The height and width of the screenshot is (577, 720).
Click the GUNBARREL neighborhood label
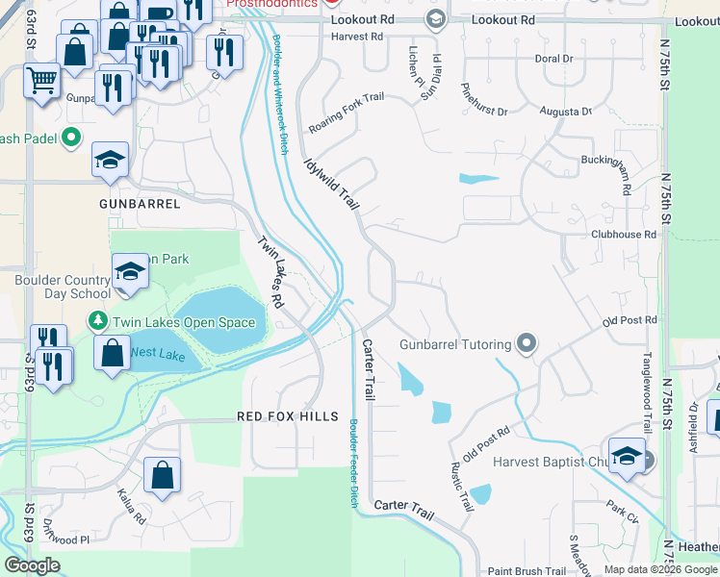[x=140, y=205]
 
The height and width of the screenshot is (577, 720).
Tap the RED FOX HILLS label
[x=289, y=416]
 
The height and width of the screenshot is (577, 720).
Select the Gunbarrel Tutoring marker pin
[x=526, y=343]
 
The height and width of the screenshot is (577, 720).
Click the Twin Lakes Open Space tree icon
[x=97, y=321]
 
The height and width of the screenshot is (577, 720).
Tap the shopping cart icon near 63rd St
[x=41, y=81]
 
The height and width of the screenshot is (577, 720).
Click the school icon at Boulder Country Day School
[x=130, y=272]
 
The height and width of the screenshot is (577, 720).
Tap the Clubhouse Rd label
[x=623, y=234]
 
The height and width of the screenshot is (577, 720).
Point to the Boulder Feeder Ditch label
[x=352, y=462]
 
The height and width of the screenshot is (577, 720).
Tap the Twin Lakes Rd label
[x=270, y=272]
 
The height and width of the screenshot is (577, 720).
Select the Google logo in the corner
[x=33, y=565]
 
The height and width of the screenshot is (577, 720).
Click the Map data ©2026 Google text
[x=659, y=569]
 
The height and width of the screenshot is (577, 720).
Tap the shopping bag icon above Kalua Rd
[x=162, y=473]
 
